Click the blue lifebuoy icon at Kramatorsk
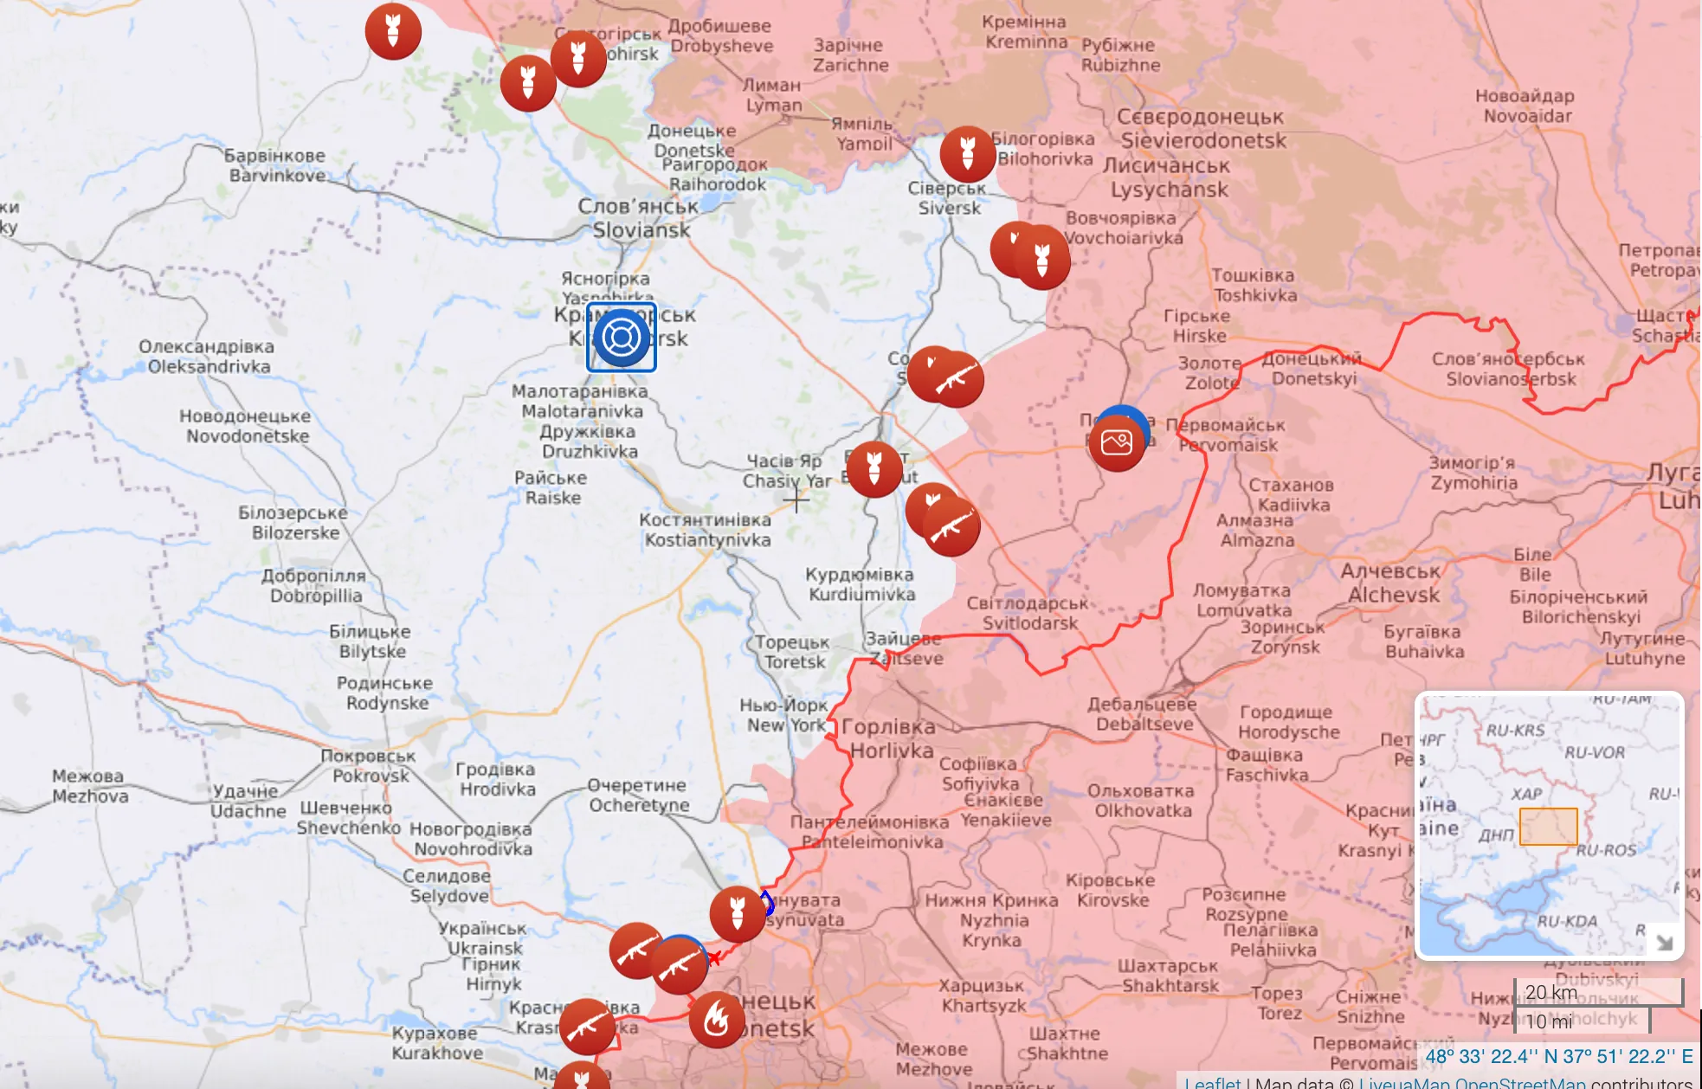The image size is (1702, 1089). click(622, 338)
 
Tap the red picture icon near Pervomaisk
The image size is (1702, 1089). click(1117, 442)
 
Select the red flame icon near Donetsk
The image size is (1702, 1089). click(717, 1020)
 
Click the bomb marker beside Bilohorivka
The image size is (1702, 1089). click(968, 154)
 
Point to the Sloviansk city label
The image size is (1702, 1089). click(640, 219)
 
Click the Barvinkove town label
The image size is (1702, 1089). click(276, 165)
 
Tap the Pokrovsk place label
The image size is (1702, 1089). click(369, 766)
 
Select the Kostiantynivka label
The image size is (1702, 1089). click(706, 530)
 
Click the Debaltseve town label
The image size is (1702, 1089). click(1143, 714)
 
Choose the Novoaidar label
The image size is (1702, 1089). click(1525, 106)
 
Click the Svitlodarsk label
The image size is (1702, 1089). click(1028, 613)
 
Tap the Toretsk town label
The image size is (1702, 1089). click(793, 652)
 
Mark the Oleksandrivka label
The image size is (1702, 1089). click(208, 357)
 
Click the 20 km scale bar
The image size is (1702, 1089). click(1598, 992)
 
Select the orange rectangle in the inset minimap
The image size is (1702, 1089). click(1548, 827)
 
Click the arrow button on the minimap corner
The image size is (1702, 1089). click(1663, 941)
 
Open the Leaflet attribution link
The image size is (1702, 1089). click(1212, 1082)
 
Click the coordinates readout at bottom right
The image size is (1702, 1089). click(1558, 1056)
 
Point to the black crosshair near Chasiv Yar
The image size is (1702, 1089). click(796, 499)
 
